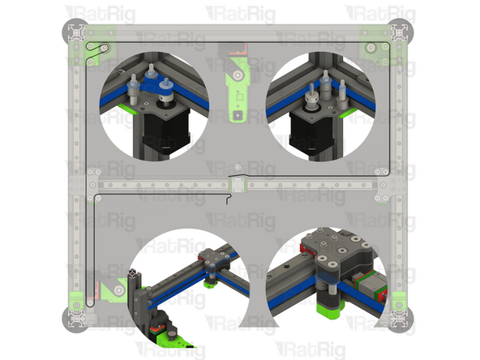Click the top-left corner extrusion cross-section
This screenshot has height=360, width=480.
(76, 32)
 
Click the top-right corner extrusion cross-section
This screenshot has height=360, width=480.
(399, 32)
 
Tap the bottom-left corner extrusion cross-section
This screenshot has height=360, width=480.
(76, 319)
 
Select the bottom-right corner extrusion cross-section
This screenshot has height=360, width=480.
(399, 319)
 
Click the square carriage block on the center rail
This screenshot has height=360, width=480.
(238, 185)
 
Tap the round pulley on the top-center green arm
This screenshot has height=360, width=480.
(238, 75)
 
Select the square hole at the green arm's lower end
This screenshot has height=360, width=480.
(238, 115)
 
